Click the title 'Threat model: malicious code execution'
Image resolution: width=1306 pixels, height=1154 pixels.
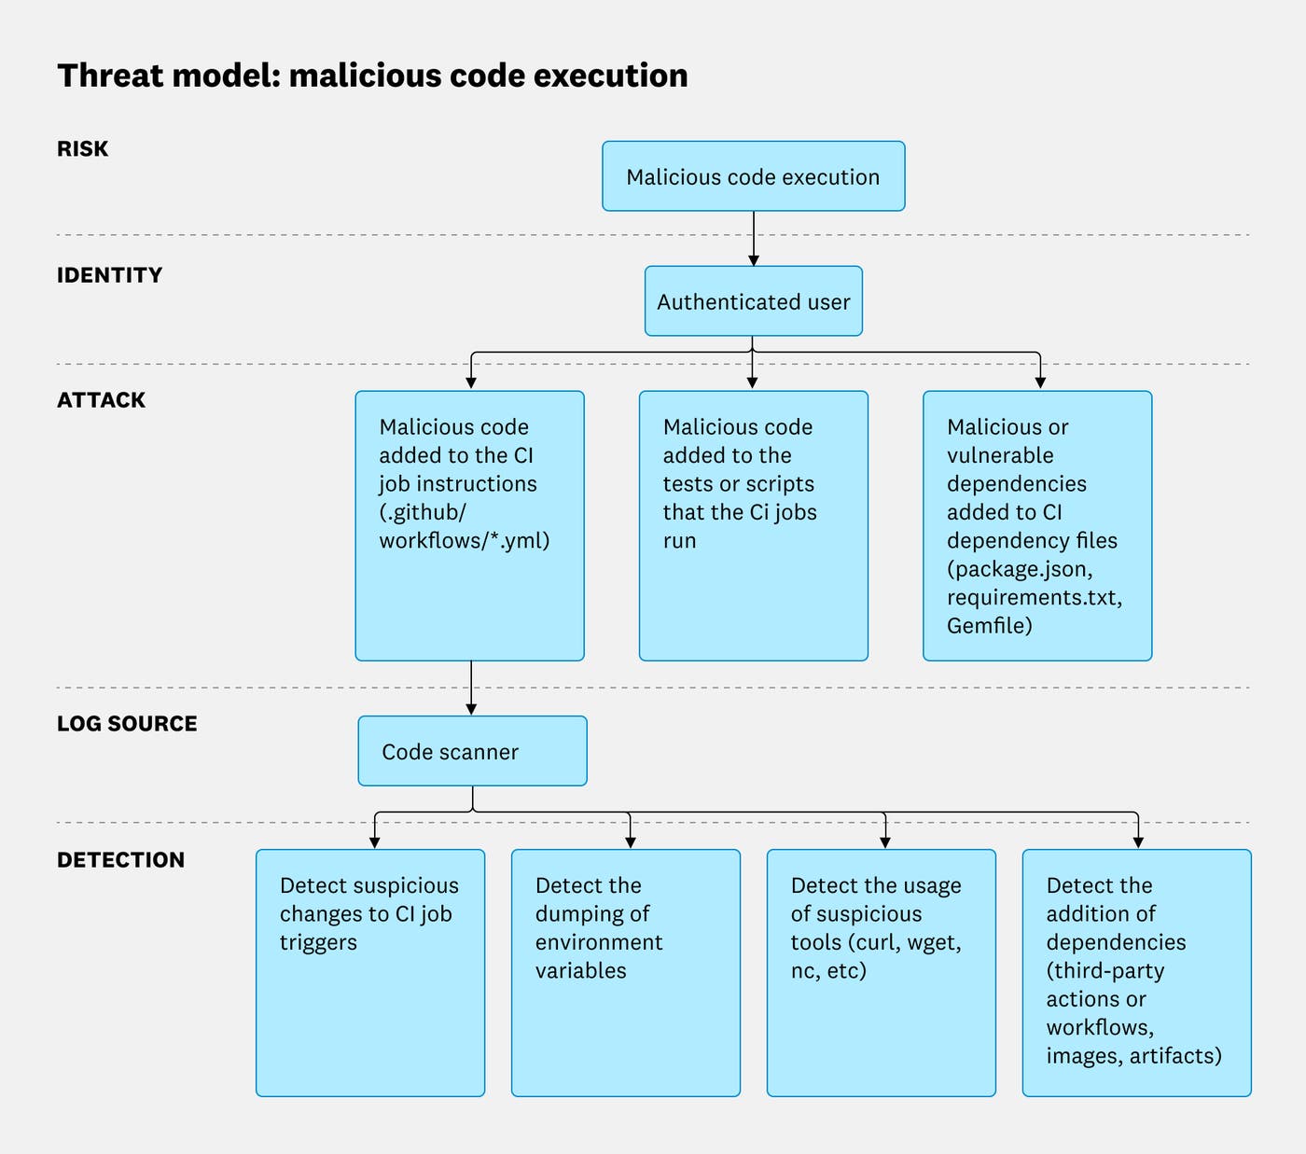coord(372,76)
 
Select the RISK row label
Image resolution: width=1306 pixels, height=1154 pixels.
coord(82,149)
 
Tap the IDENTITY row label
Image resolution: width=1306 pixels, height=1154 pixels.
coord(109,275)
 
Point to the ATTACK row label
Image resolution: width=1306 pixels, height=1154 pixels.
coord(101,400)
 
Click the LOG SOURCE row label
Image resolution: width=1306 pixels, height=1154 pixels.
coord(127,724)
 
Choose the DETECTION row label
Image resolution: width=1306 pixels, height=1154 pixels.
coord(120,860)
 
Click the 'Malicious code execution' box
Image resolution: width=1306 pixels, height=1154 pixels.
coord(753,177)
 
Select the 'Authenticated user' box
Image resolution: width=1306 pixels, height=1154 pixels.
coord(753,302)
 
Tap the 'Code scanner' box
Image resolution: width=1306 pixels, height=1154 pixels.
coord(472,752)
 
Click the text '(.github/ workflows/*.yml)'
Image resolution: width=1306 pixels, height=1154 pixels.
coord(464,526)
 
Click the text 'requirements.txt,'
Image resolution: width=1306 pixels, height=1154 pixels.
coord(1034,597)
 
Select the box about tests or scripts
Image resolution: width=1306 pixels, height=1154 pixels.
coord(753,526)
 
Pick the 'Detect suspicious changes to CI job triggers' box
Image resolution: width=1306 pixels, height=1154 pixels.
coord(369,973)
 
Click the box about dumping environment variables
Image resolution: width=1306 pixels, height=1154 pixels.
coord(625,973)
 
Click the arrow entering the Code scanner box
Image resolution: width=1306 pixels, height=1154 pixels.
coord(471,689)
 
